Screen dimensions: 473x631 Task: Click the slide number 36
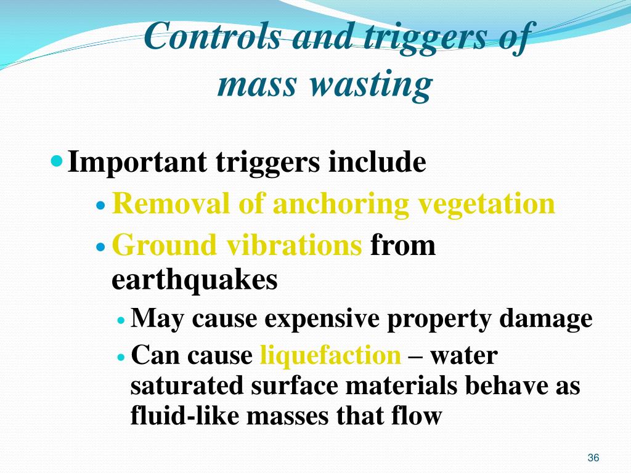[x=593, y=458]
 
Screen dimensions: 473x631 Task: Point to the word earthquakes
[x=195, y=280]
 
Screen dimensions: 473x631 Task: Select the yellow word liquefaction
[x=330, y=356]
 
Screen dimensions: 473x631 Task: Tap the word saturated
[x=187, y=386]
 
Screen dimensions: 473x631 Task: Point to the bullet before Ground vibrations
[x=102, y=246]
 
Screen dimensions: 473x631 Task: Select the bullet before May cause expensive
[x=121, y=320]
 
